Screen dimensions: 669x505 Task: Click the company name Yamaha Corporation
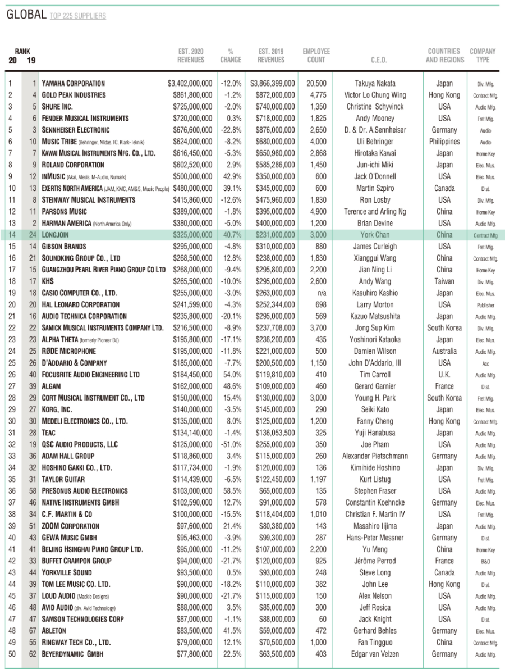[74, 84]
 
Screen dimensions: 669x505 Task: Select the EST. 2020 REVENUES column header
[191, 56]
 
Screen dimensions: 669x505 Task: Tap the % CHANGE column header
[231, 56]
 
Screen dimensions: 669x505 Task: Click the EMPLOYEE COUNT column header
[316, 56]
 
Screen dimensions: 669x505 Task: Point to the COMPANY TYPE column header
[483, 56]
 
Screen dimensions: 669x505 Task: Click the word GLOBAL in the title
[26, 15]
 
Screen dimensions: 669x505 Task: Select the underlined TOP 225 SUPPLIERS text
[78, 16]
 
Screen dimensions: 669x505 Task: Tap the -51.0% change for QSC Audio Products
[231, 444]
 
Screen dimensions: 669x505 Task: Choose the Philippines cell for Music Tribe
[444, 142]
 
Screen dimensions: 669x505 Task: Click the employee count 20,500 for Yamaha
[316, 84]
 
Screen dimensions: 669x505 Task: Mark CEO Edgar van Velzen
[375, 654]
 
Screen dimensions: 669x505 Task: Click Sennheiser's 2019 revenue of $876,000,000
[276, 130]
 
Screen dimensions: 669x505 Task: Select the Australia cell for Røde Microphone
[444, 352]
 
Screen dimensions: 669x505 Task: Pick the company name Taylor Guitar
[63, 479]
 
